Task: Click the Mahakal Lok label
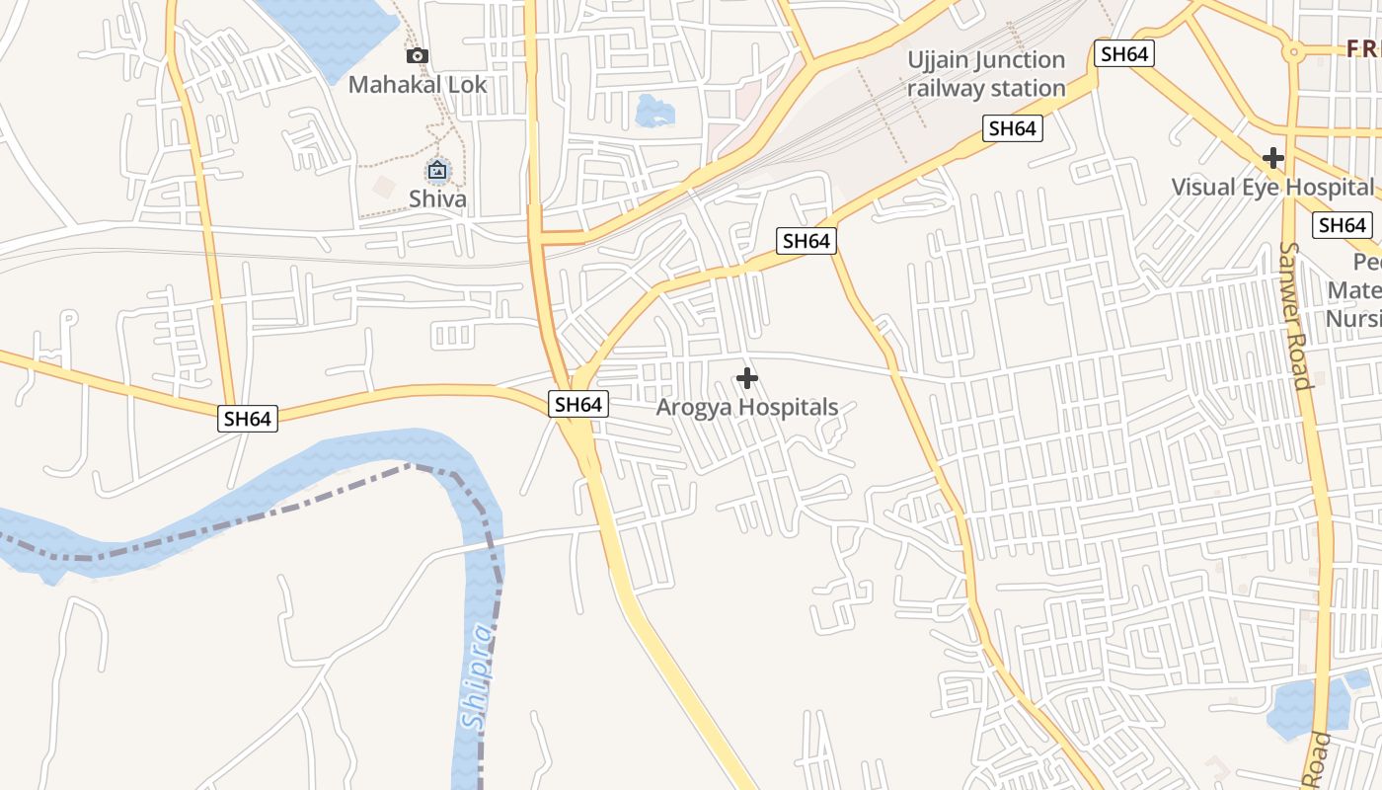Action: click(418, 85)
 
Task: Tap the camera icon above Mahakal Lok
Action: click(418, 55)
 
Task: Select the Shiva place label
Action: click(437, 199)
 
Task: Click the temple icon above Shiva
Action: click(437, 171)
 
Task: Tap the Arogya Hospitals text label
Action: click(747, 407)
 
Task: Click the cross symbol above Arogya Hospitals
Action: click(747, 378)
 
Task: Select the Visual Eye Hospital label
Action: click(1271, 187)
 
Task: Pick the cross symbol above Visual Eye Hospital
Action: click(1273, 157)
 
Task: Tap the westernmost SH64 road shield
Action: click(247, 419)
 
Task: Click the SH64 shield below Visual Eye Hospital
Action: click(1343, 225)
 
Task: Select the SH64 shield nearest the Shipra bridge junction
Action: click(578, 404)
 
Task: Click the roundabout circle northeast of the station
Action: click(1292, 51)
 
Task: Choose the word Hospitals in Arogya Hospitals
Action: click(789, 407)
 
